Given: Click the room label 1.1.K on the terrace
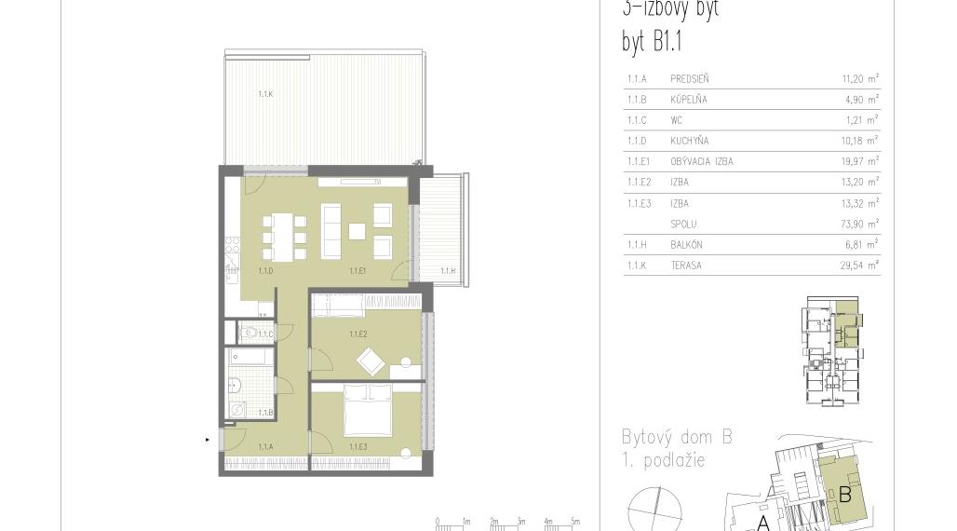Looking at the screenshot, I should (x=265, y=94).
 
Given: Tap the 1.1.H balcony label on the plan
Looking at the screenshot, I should (x=448, y=271).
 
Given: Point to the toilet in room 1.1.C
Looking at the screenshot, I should (x=250, y=332).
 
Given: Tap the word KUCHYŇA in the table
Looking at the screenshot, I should (x=689, y=141).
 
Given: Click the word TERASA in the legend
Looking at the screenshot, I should (x=686, y=265).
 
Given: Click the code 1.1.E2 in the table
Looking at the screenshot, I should (x=639, y=183).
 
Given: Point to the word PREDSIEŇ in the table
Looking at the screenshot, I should (x=689, y=79).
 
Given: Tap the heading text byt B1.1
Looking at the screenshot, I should (x=653, y=42).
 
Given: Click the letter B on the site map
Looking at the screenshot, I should (x=844, y=495).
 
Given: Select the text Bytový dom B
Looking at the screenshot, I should (x=677, y=437).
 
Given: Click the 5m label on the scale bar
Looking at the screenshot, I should (x=575, y=522).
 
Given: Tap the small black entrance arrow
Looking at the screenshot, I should (x=208, y=439).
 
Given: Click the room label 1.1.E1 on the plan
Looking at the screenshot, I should (x=357, y=271).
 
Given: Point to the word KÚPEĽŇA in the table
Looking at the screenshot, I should (x=688, y=100).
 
